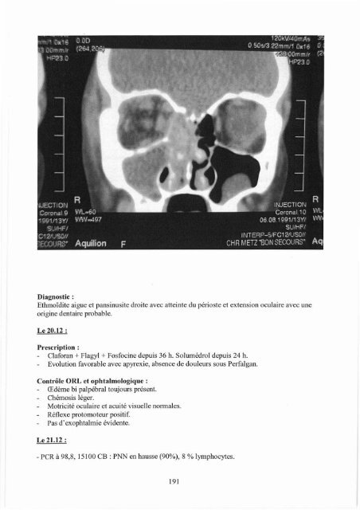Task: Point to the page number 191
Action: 179,481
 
